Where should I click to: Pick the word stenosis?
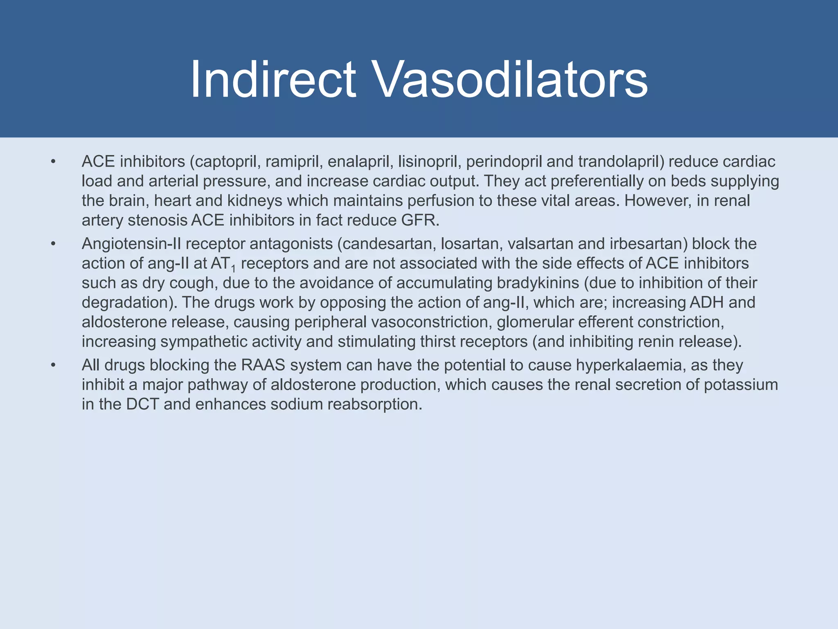coord(158,221)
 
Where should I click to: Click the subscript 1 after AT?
coord(233,269)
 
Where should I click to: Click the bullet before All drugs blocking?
coord(53,365)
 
